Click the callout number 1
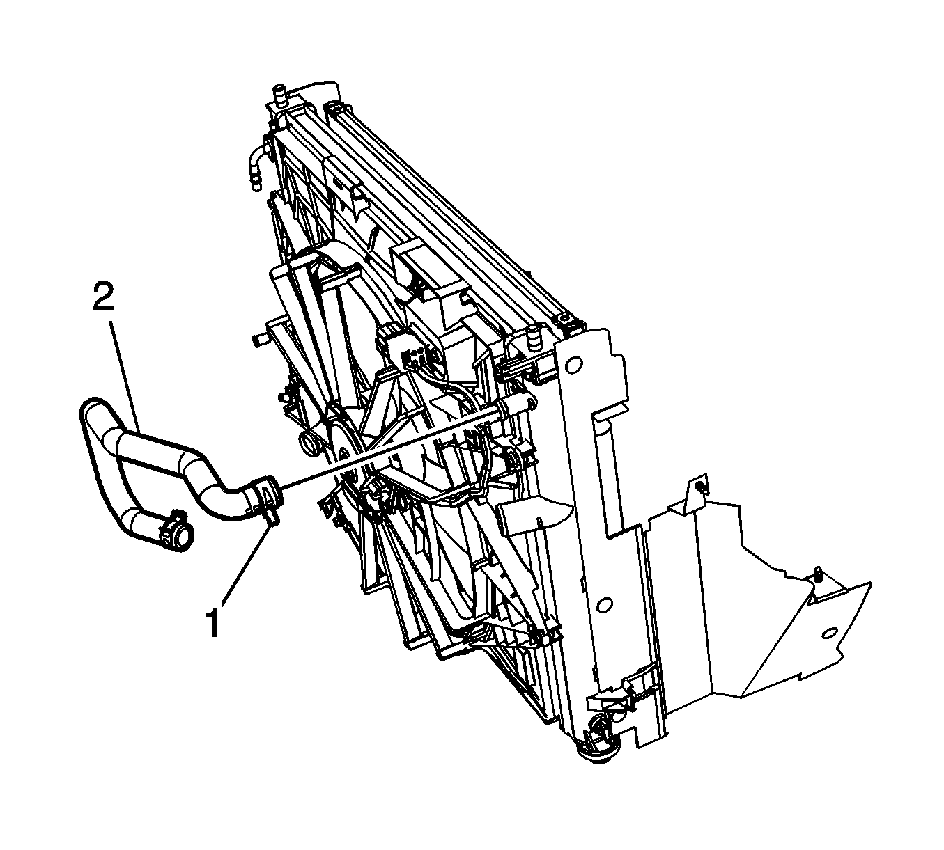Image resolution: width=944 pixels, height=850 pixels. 214,622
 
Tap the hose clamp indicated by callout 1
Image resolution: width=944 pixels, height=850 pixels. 266,501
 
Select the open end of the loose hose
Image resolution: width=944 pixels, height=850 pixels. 183,536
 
